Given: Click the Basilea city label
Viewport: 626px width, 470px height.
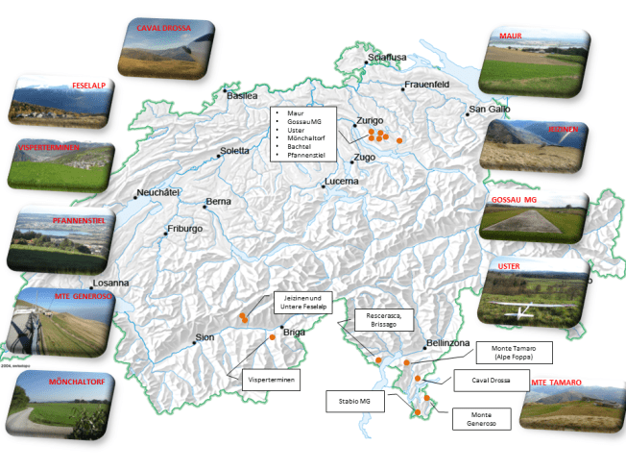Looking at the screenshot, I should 242,96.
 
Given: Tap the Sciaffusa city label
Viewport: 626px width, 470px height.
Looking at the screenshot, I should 388,57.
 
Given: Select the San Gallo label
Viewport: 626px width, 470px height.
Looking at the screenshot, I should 490,110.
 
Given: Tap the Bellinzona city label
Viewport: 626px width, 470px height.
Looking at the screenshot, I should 447,343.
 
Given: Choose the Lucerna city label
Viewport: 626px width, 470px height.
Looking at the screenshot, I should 341,181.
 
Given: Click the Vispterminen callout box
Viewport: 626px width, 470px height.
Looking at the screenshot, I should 272,382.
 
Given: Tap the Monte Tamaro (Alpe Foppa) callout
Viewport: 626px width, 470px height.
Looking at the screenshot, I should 515,353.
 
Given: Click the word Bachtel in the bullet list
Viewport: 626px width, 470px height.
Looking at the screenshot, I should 301,145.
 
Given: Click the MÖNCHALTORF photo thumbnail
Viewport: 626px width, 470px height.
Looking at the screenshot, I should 60,405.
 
